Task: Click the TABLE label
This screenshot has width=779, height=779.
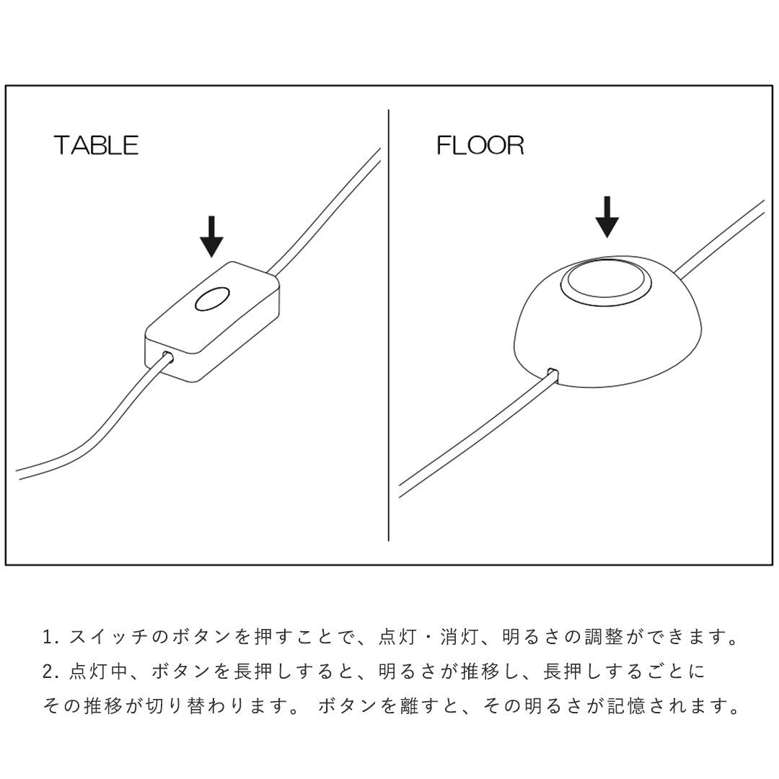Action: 96,145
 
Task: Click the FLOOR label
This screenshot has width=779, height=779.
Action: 480,145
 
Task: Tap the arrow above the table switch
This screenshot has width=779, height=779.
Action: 211,236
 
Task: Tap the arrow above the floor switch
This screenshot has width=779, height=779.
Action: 608,216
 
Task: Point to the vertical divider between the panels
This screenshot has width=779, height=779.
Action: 389,325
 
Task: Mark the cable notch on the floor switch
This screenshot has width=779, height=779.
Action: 553,374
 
